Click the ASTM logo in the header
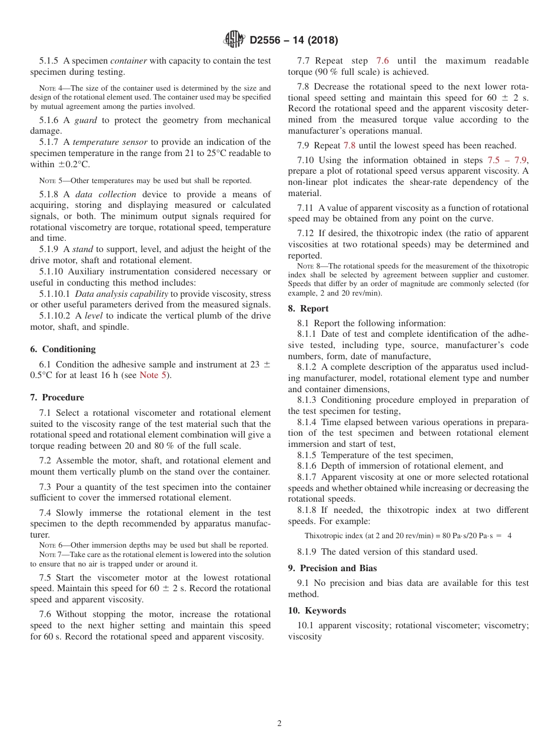[234, 40]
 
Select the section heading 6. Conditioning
[63, 349]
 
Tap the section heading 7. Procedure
[57, 397]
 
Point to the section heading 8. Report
[308, 309]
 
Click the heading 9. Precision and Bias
[332, 568]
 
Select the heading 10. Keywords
[317, 611]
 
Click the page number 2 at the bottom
[279, 724]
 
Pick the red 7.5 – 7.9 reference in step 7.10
[507, 160]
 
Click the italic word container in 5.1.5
[129, 61]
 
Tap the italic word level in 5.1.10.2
[94, 316]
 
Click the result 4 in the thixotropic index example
[509, 536]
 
